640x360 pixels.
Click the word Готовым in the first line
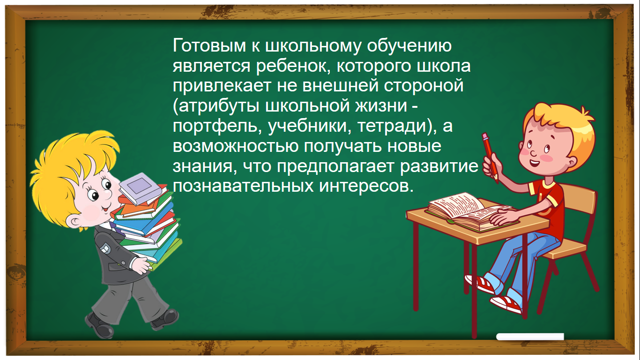pyautogui.click(x=209, y=45)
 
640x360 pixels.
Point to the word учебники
pyautogui.click(x=309, y=126)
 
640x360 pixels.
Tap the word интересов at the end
pyautogui.click(x=366, y=186)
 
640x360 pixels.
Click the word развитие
pyautogui.click(x=439, y=166)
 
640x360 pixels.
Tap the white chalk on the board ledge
pyautogui.click(x=530, y=337)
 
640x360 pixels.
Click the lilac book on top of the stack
pyautogui.click(x=141, y=188)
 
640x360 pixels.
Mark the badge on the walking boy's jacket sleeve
pyautogui.click(x=106, y=248)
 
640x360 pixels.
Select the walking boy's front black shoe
pyautogui.click(x=165, y=319)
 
